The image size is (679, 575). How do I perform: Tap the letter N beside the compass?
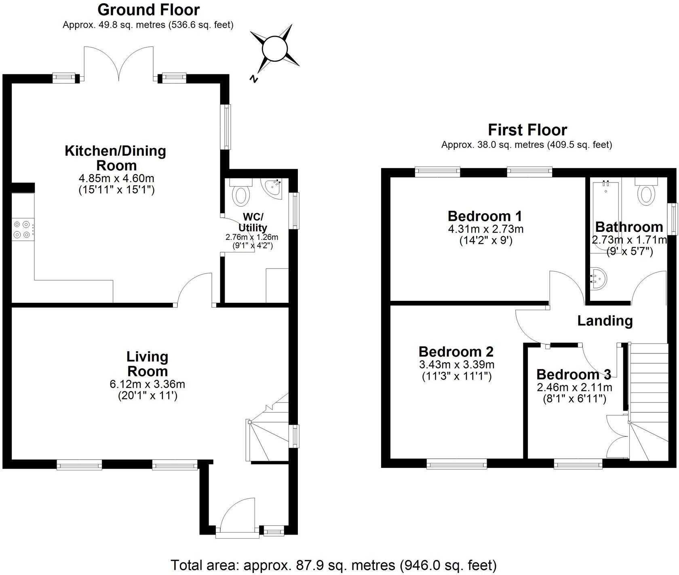click(254, 79)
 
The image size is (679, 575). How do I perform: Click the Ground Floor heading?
click(148, 9)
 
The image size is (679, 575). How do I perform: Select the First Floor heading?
click(527, 130)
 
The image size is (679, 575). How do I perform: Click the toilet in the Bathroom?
click(646, 195)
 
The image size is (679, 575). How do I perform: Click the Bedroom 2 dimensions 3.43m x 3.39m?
click(457, 365)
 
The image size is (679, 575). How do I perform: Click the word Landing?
click(605, 321)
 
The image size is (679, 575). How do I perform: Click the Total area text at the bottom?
click(333, 565)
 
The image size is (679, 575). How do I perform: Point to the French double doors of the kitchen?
click(119, 64)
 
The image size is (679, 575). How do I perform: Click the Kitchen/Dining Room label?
click(116, 158)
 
